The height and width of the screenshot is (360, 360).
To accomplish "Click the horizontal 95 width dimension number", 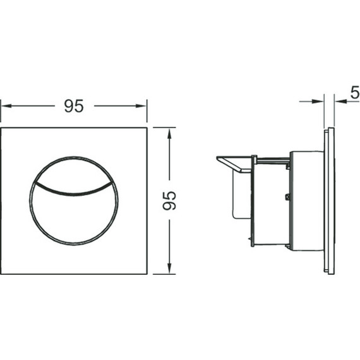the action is click(x=74, y=106).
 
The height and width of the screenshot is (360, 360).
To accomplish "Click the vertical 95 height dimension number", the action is click(x=169, y=200).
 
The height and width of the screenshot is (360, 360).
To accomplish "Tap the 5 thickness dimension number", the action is click(x=355, y=92).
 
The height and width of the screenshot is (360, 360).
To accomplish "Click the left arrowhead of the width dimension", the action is click(x=6, y=106).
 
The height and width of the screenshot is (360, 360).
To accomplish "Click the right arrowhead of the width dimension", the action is click(x=141, y=106).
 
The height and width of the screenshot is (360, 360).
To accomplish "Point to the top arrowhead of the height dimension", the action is click(x=169, y=134).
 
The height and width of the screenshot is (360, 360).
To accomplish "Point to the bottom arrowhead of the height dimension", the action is click(x=169, y=268).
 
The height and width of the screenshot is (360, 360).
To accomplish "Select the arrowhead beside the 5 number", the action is click(x=340, y=101).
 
